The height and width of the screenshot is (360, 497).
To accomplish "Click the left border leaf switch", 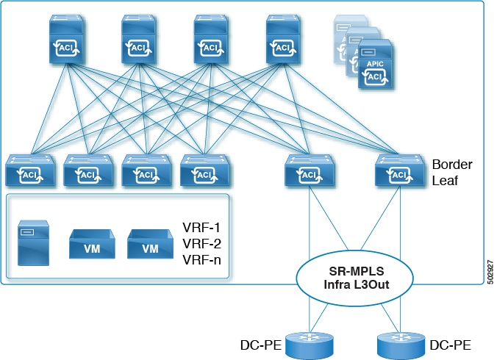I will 310,171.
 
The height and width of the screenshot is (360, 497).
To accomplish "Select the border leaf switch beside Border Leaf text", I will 399,171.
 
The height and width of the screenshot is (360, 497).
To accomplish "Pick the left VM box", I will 92,245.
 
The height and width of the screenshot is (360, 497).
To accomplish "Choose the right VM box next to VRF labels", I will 150,245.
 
